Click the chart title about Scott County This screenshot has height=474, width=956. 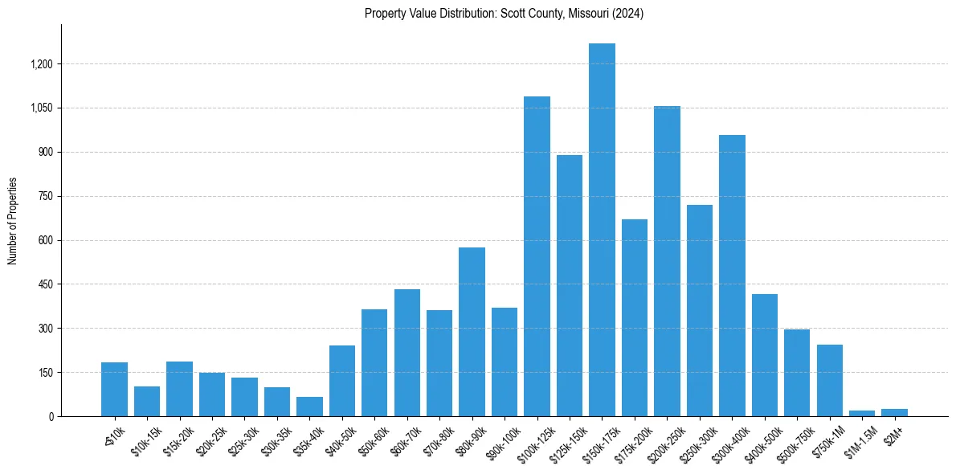coord(504,14)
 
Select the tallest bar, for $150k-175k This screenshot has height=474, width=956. coord(602,230)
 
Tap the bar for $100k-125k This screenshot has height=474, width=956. coord(537,256)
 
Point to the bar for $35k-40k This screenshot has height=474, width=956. coord(309,407)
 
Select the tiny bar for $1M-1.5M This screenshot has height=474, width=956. coord(862,413)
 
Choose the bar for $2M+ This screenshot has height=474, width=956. coord(894,412)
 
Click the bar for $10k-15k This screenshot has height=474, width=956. coord(147,401)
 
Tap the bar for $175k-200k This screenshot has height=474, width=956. coord(634,317)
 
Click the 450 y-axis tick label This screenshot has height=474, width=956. coord(46,284)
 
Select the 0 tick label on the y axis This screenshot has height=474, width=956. coord(51,417)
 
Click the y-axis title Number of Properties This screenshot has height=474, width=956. coord(13,221)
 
